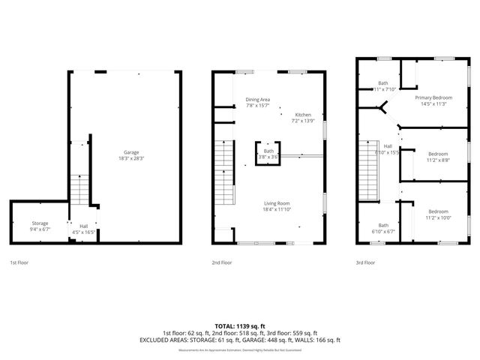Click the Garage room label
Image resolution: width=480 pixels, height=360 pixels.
click(x=121, y=153)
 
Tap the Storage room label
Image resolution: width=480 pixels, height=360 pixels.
click(x=40, y=223)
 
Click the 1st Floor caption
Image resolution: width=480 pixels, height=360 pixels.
click(x=20, y=262)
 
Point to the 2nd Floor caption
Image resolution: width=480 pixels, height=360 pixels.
click(x=222, y=262)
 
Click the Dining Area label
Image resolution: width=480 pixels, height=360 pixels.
click(x=259, y=100)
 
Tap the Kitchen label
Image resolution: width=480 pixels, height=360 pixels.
click(x=303, y=115)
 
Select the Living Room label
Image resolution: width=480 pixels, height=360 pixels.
click(x=276, y=204)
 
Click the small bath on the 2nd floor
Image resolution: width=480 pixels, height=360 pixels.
click(x=268, y=152)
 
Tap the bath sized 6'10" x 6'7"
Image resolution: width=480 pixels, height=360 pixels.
click(x=383, y=228)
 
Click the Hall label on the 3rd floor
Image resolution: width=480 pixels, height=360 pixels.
click(x=388, y=146)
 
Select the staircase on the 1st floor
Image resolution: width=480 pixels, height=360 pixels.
click(x=79, y=189)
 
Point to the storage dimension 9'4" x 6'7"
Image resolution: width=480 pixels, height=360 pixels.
click(x=40, y=229)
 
